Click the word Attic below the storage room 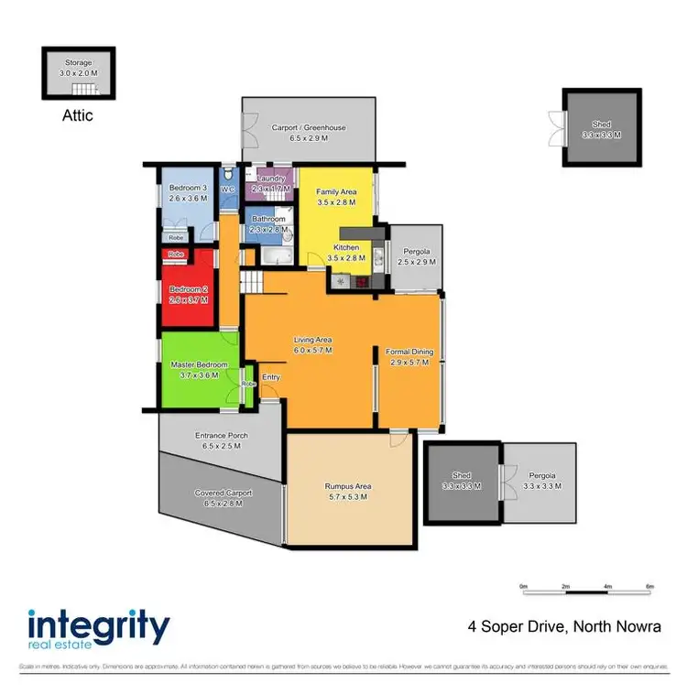(78, 116)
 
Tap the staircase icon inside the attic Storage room (84, 90)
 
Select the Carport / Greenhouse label (309, 127)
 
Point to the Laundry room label (273, 178)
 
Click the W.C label (230, 190)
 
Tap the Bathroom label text (269, 219)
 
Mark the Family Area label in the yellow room (336, 191)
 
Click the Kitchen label (345, 248)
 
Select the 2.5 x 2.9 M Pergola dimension (417, 262)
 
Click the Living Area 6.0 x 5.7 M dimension (311, 350)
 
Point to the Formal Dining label (409, 352)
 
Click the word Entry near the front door (270, 377)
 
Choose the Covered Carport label (222, 493)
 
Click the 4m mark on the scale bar (607, 585)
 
